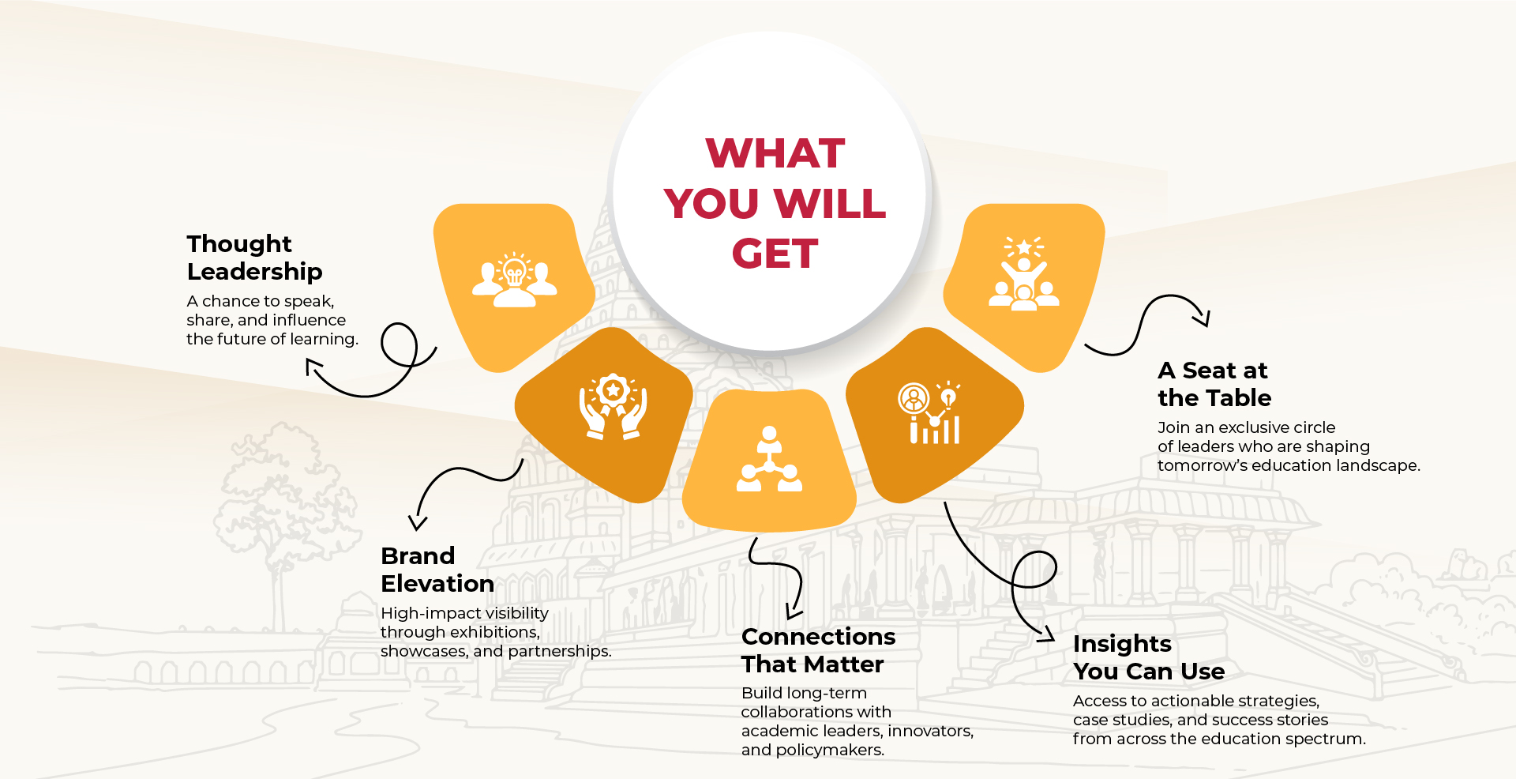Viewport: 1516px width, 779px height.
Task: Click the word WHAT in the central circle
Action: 775,153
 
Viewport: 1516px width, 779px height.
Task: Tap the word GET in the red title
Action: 775,254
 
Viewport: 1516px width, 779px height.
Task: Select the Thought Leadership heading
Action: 254,258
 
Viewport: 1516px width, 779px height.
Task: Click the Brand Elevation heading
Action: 437,570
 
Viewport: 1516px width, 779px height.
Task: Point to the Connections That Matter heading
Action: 818,650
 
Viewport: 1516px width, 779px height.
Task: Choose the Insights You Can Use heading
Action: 1149,657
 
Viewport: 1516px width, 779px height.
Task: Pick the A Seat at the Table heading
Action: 1214,384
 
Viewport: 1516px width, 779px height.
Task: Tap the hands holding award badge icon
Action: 613,406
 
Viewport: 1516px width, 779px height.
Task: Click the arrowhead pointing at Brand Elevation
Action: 417,523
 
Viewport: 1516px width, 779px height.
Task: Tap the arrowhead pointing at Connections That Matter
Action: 793,612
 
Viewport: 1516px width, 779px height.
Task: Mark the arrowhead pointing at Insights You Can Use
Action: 1047,634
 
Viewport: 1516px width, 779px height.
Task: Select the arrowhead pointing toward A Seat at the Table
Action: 1203,318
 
